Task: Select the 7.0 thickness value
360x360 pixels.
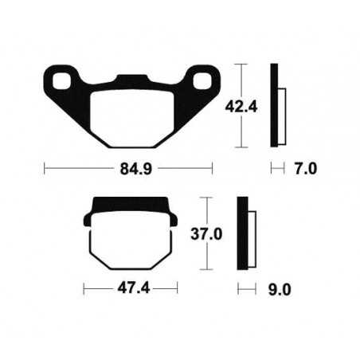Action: [x=306, y=169]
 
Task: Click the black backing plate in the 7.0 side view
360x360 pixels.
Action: [x=275, y=105]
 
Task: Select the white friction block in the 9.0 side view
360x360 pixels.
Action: [x=253, y=237]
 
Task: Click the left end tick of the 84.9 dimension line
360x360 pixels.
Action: [x=45, y=169]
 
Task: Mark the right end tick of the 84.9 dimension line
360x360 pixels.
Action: [x=213, y=169]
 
